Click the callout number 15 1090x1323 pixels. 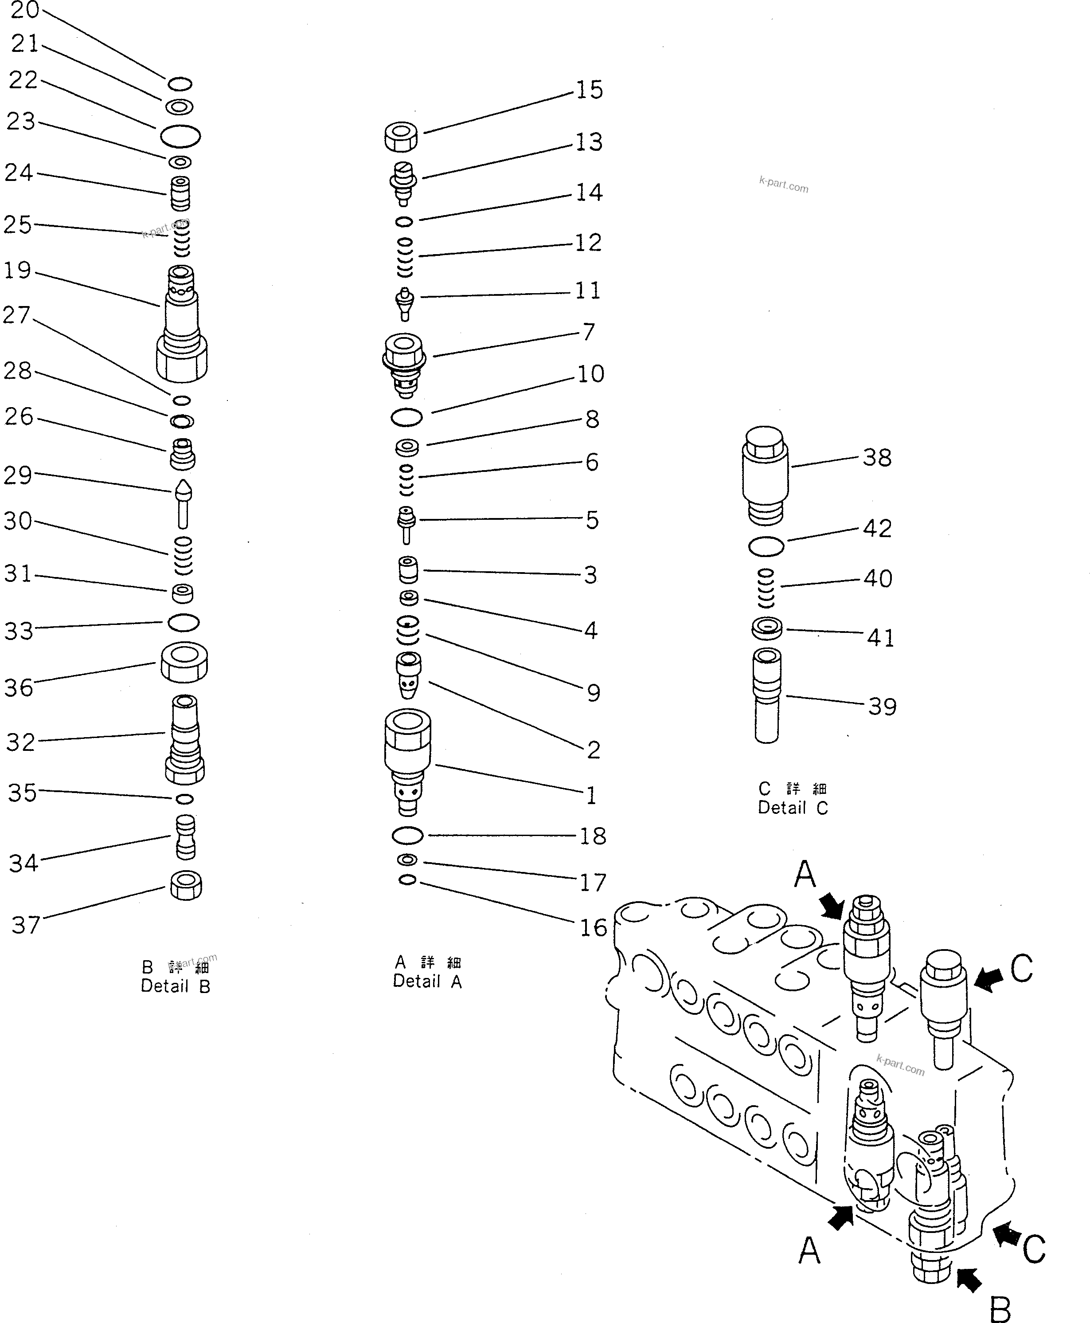coord(589,90)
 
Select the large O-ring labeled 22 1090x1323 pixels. coord(180,136)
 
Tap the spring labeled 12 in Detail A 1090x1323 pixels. coord(405,258)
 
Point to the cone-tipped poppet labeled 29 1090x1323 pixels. coord(184,504)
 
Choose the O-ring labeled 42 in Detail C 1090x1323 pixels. coord(766,546)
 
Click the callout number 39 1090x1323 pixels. coord(882,707)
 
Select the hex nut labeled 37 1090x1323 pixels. coord(186,886)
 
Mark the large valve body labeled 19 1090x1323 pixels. coord(181,323)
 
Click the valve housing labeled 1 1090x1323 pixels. coord(407,760)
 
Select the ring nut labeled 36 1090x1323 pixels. coord(184,662)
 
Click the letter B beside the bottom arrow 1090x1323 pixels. coord(1000,1309)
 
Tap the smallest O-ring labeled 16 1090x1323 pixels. coord(407,880)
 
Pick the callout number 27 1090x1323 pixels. coord(16,315)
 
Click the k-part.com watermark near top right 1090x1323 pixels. coord(784,184)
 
